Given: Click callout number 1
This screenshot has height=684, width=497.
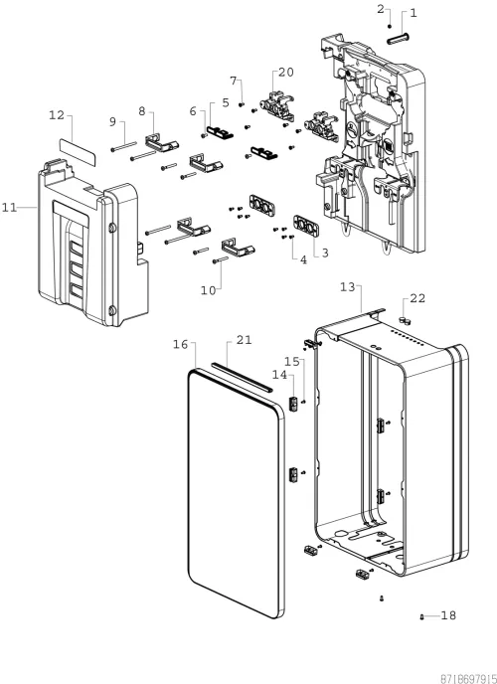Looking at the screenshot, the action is (x=413, y=13).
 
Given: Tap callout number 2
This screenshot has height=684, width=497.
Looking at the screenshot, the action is (x=381, y=9).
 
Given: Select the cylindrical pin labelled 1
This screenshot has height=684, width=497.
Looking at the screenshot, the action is (x=398, y=38).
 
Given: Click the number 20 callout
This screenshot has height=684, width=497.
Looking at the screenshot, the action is (x=286, y=73).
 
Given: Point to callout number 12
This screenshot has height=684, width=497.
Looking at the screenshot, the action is (x=57, y=115).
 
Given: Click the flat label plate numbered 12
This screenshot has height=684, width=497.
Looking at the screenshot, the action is (x=78, y=151).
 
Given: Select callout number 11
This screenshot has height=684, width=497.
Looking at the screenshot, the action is (x=9, y=208).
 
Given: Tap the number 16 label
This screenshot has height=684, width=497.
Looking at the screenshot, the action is (x=181, y=345).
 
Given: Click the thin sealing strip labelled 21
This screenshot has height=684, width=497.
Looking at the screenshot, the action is (x=242, y=376).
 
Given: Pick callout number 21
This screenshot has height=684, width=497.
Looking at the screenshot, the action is (x=245, y=340).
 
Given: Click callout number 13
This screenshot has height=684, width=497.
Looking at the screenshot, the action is (x=348, y=287).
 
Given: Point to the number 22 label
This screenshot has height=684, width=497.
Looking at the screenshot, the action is (x=417, y=298).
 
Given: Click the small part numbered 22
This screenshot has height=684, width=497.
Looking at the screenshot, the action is (x=405, y=321).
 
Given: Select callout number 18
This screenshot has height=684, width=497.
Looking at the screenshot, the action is (x=448, y=615).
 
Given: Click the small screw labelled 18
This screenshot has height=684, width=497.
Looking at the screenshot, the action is (x=421, y=616).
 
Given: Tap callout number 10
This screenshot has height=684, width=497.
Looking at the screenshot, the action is (x=209, y=290).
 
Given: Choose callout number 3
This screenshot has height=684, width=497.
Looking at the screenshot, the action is (x=325, y=253).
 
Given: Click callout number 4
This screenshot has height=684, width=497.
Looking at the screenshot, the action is (x=303, y=260).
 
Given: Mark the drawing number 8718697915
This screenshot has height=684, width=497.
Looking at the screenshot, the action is (x=468, y=679).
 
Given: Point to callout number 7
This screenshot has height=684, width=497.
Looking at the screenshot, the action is (x=234, y=81).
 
